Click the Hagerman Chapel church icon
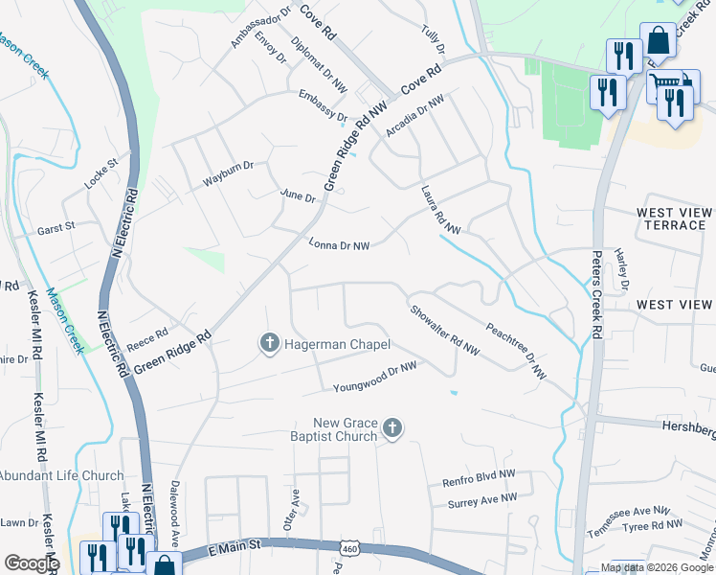coord(270,343)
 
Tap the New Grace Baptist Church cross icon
coord(392,430)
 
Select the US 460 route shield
coord(347,546)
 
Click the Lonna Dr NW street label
coord(339,244)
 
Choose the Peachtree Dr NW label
coord(515,350)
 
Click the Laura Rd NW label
coord(440,210)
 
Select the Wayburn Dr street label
coord(228,173)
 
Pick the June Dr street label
coord(298,195)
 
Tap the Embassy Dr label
coord(323,105)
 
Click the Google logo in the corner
coord(31,563)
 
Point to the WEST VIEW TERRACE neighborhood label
coord(674,218)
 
